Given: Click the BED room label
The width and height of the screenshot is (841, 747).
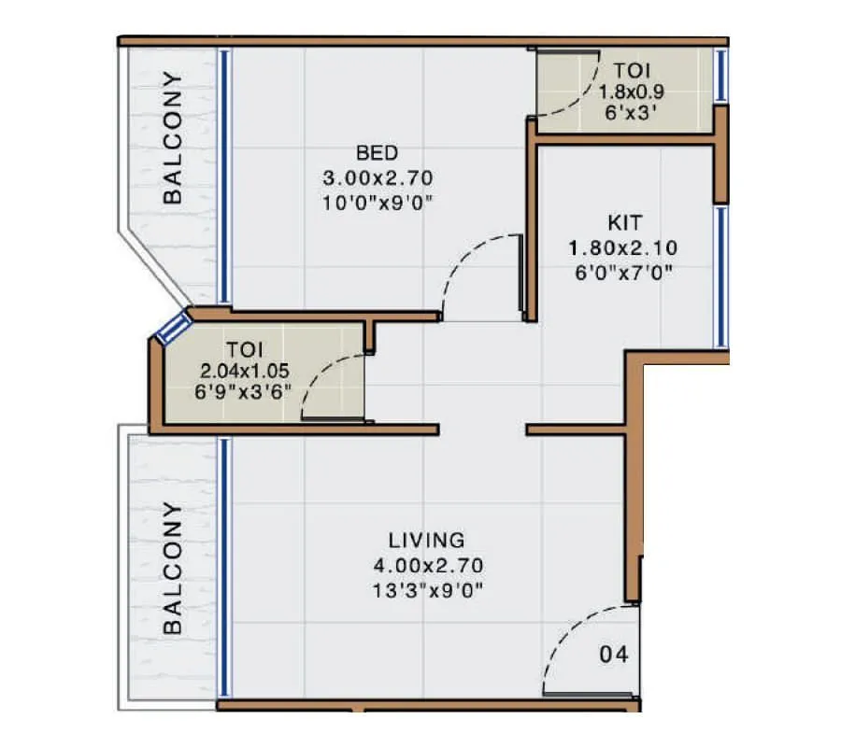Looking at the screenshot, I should coord(378,152).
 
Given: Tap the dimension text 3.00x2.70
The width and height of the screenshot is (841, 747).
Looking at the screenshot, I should coord(378,176).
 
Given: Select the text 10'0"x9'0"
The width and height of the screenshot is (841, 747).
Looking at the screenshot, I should coord(378,200).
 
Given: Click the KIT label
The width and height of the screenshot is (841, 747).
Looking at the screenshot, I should coord(623,224).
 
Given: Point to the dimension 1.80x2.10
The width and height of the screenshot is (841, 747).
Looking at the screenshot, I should coord(623,248).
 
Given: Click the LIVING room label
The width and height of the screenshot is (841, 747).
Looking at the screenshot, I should coord(426,540).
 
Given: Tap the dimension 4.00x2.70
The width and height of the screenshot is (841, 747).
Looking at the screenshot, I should coord(426,565).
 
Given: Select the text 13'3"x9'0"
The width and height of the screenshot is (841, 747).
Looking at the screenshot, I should coord(426,589).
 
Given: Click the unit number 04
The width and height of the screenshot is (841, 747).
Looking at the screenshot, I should coord(613,655).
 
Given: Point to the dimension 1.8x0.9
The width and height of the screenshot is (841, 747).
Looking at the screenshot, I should coord(633,92).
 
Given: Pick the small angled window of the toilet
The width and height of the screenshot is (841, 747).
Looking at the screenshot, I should coord(173,329).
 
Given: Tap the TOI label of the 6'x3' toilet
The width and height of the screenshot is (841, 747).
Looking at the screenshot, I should coord(633,70).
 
